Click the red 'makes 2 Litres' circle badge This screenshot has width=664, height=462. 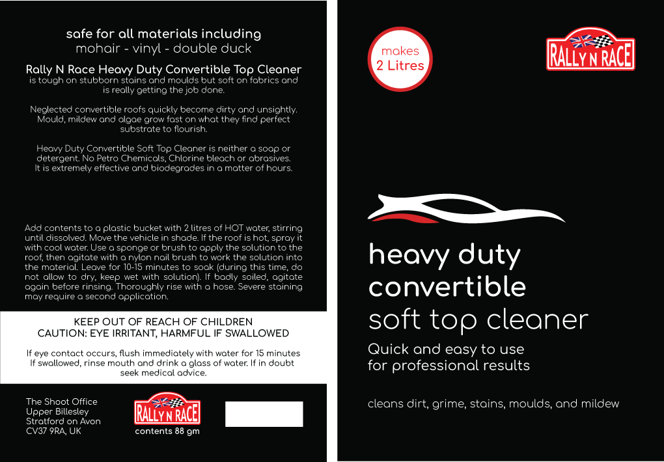coord(400,59)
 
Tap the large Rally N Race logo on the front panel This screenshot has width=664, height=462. coord(590,49)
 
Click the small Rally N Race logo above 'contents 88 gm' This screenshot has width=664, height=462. coord(167,409)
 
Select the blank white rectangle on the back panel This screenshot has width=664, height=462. coord(264,414)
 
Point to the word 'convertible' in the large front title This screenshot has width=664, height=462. coord(447,287)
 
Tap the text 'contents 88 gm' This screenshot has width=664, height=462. coord(167,431)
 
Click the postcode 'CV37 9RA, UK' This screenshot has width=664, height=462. coord(53,431)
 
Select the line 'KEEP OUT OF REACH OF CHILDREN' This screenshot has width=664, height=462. coord(163,322)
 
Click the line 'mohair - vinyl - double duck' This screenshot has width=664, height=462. coord(163,48)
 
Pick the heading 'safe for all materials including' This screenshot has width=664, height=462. coord(163,34)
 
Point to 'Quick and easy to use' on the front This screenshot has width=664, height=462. coord(446,349)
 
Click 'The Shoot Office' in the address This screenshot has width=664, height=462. coord(61,401)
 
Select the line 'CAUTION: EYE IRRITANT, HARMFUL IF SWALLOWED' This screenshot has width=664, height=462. coord(163,333)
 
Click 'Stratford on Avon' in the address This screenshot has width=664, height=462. coord(63,421)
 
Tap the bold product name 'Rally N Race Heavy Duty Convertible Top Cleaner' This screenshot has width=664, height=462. coord(163,69)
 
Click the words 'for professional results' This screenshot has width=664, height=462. coord(449,365)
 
